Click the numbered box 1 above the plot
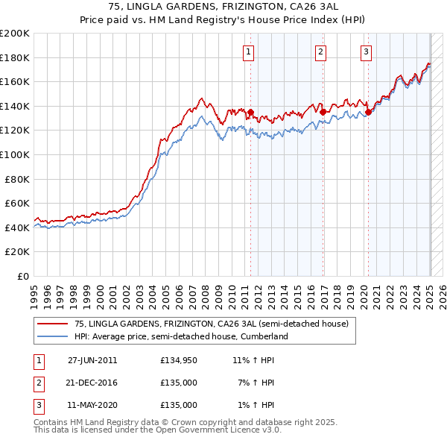coord(248,51)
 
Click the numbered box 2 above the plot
coord(320,51)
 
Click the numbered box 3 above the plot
coord(367,51)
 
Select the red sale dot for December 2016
coord(323,113)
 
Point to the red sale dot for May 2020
coord(368,113)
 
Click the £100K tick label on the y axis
coord(15,154)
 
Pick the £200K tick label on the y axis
coord(15,34)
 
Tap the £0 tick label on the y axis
coord(22,276)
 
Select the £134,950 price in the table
coord(179,360)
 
